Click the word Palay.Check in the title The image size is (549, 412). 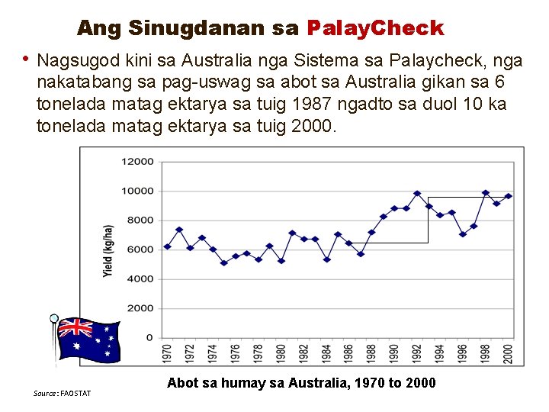click(x=374, y=28)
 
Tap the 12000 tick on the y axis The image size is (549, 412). click(x=138, y=162)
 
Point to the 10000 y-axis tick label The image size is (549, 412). click(x=138, y=191)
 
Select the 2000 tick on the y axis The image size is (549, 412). click(x=140, y=308)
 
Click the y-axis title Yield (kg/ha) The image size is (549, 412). click(x=109, y=250)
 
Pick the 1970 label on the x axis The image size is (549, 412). click(x=168, y=352)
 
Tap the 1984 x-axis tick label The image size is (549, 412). click(x=326, y=352)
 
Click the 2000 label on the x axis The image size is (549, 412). click(x=508, y=352)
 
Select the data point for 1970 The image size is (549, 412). click(x=168, y=247)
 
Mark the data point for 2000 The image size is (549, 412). click(x=508, y=196)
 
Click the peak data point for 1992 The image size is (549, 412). click(x=417, y=194)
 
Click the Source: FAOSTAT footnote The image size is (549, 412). click(x=62, y=393)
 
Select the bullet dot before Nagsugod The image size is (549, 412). click(x=26, y=58)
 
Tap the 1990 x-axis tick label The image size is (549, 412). click(x=394, y=352)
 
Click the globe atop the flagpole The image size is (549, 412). click(x=54, y=318)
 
